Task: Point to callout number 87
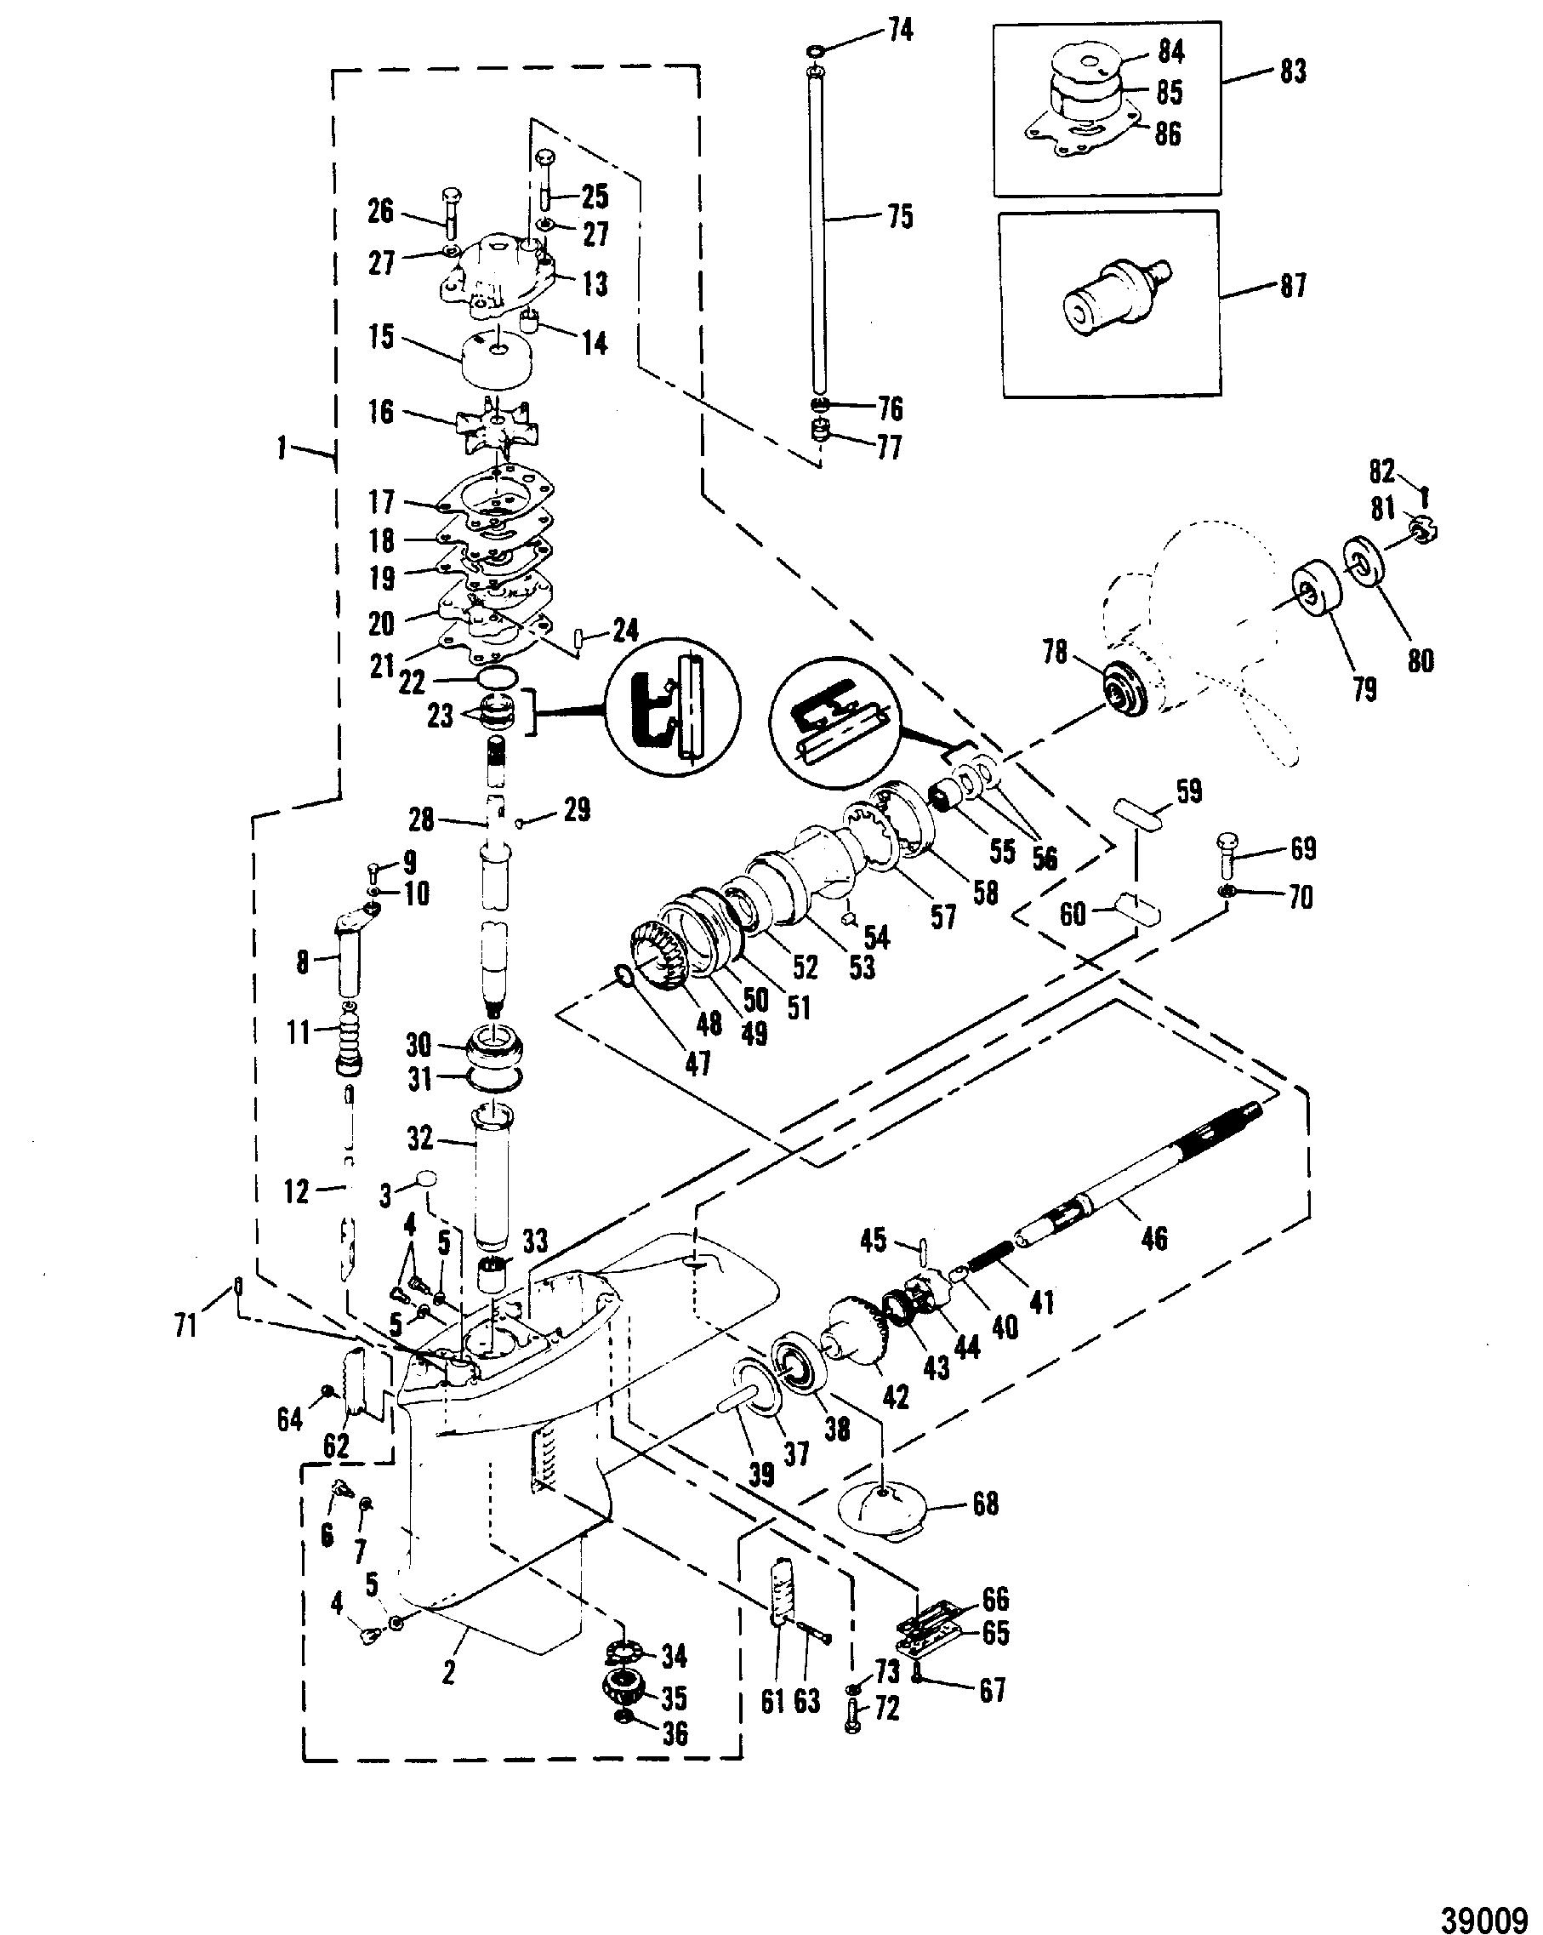pyautogui.click(x=1292, y=285)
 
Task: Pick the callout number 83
pyautogui.click(x=1292, y=70)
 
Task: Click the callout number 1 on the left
pyautogui.click(x=282, y=447)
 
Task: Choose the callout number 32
pyautogui.click(x=419, y=1138)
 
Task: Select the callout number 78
pyautogui.click(x=1055, y=652)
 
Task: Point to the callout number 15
pyautogui.click(x=380, y=337)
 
